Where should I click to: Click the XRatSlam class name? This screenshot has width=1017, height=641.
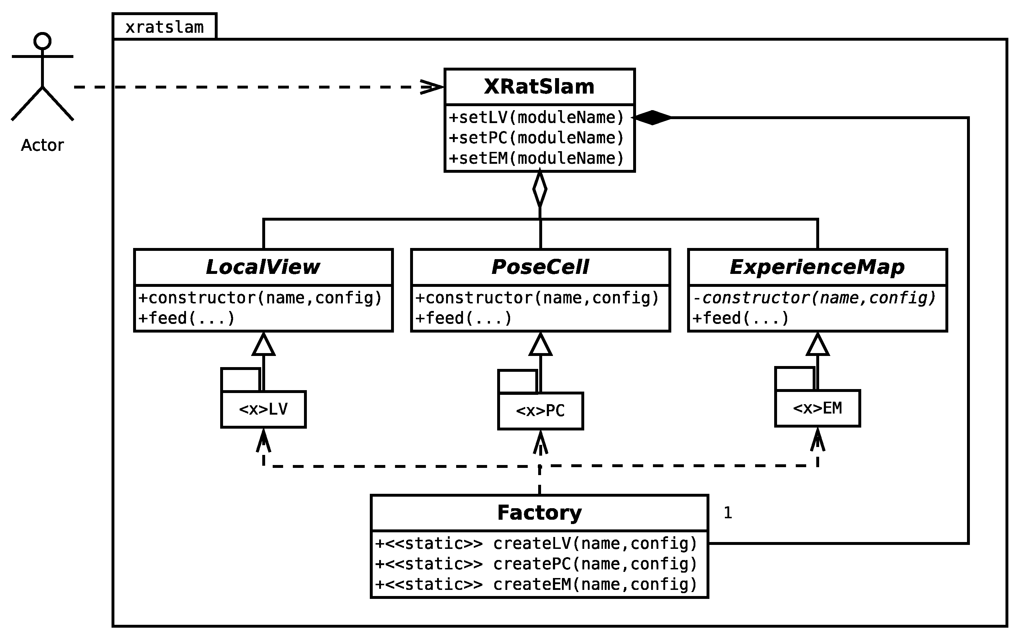point(539,87)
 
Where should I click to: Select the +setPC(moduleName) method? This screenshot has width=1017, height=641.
point(536,138)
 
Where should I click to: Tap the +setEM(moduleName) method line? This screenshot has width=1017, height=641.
point(536,158)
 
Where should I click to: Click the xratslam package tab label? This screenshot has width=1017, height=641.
point(164,27)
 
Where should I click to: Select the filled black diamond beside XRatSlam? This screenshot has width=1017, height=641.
point(652,117)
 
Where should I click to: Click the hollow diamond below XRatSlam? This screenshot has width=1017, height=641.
point(540,189)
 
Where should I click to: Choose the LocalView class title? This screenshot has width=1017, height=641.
point(263,267)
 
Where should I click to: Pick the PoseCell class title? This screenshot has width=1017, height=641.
point(540,267)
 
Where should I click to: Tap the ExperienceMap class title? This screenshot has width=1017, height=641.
point(817,267)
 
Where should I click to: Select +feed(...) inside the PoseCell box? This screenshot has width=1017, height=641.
point(463,318)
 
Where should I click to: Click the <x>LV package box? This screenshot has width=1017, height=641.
point(263,409)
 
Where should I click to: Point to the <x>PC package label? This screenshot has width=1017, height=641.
point(540,411)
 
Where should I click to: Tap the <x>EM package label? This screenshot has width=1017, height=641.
point(817,408)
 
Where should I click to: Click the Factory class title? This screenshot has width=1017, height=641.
point(539,513)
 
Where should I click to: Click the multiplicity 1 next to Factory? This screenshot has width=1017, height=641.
point(728,513)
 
